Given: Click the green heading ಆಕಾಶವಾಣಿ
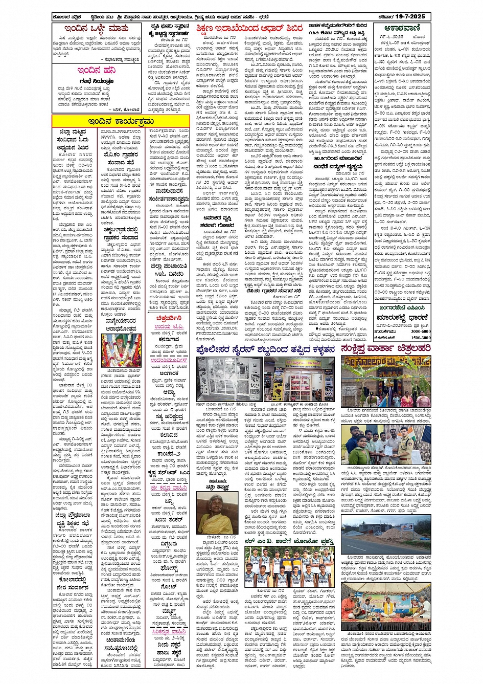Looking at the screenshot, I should (401, 29).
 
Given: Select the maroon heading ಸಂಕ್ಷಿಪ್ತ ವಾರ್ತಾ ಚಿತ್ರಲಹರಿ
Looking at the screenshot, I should (386, 349).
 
